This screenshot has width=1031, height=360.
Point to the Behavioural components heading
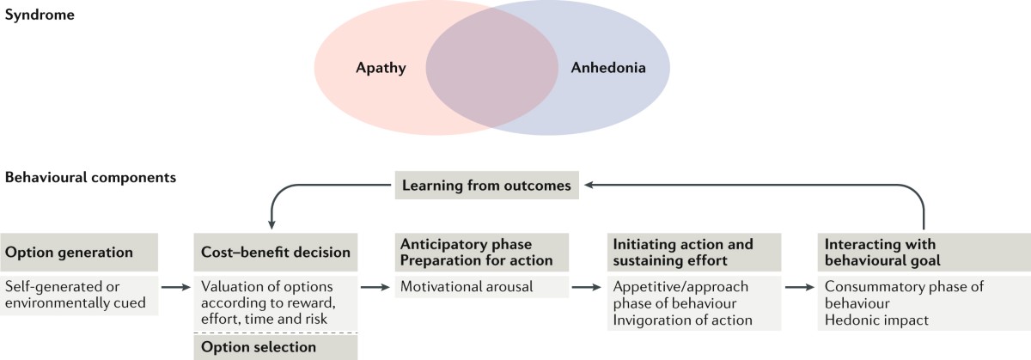tap(91, 179)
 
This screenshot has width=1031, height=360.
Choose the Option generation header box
tap(80, 253)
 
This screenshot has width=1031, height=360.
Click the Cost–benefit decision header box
tap(275, 253)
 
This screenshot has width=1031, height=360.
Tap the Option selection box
tap(275, 347)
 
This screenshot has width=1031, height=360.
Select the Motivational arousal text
tap(464, 287)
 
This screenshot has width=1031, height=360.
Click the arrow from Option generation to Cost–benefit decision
tap(174, 288)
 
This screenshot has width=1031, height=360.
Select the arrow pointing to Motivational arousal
tap(370, 288)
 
